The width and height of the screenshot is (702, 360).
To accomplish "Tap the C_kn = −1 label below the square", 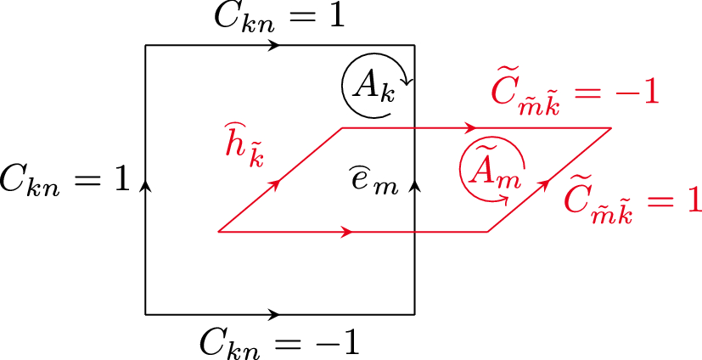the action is tap(279, 342).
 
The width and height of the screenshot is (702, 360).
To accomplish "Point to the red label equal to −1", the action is tap(576, 92).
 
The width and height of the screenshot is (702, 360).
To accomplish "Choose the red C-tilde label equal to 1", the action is tap(632, 199).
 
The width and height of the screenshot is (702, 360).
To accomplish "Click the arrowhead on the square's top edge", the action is tap(274, 45).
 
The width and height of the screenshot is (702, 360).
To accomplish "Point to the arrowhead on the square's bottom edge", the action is tap(274, 315).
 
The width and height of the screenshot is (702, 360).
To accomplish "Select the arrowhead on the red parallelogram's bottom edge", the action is tap(348, 231).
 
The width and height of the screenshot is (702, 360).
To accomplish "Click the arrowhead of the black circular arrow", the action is tap(408, 82).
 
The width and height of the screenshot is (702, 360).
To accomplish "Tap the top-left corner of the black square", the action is tap(146, 45).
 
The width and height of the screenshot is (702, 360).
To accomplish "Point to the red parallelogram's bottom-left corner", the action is tap(218, 231).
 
